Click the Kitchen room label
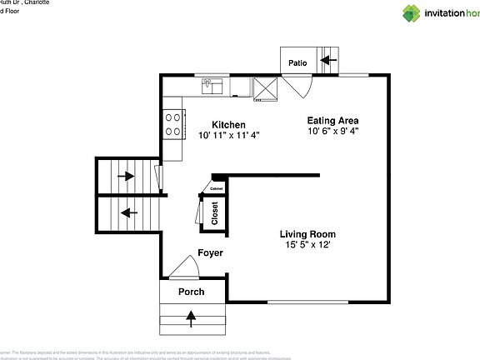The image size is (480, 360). [227, 124]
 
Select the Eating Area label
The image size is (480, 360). [332, 120]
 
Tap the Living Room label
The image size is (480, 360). [307, 234]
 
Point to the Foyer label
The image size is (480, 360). [210, 252]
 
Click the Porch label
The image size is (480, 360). [192, 292]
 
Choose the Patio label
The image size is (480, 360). [297, 62]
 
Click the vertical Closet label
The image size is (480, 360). [214, 213]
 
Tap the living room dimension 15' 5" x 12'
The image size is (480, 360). [307, 245]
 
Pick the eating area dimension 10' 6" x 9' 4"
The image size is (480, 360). [332, 131]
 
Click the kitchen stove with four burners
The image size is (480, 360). [173, 125]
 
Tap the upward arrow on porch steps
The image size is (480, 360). [192, 316]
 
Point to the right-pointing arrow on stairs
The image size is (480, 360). [127, 176]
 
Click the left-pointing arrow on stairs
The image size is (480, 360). [127, 212]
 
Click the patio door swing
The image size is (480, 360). [297, 83]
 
